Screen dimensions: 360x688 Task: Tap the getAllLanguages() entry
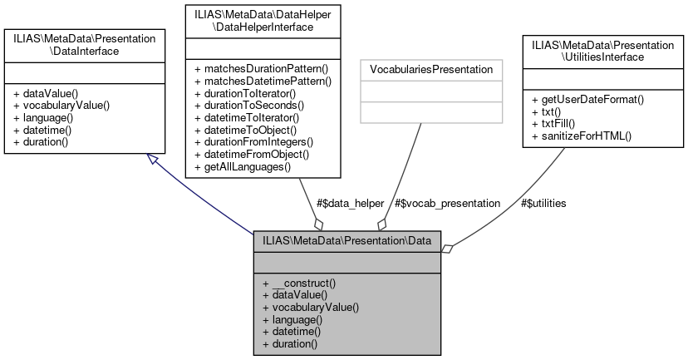pos(242,166)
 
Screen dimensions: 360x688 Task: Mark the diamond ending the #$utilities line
pos(448,248)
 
